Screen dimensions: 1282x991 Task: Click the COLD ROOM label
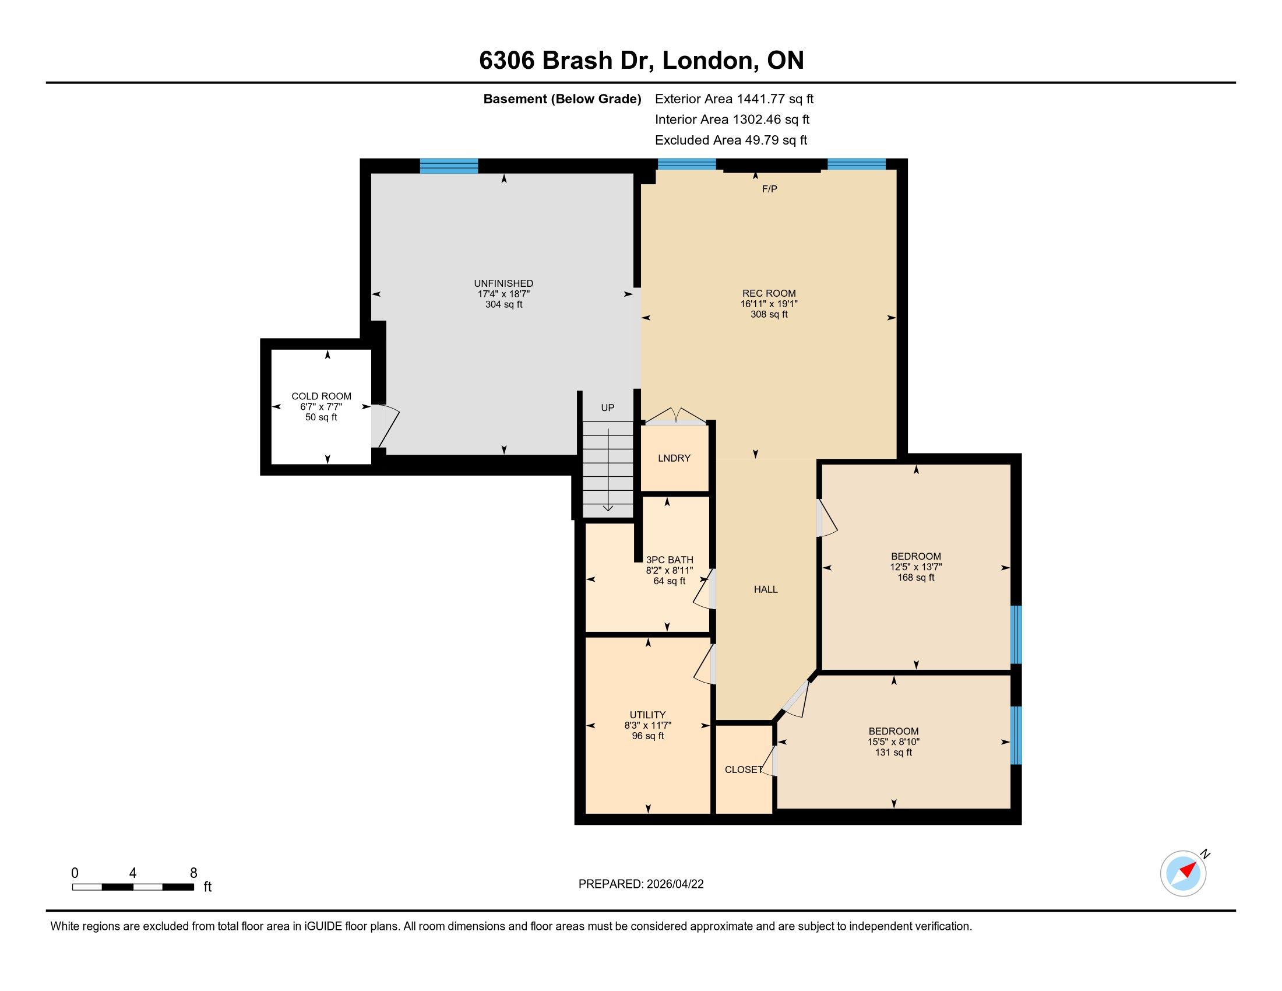coord(321,396)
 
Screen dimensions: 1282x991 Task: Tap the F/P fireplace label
coord(770,189)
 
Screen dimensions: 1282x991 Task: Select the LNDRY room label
coord(674,458)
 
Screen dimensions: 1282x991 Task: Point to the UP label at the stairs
coord(608,407)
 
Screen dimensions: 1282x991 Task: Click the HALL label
coord(766,589)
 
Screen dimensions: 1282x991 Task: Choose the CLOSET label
coord(744,769)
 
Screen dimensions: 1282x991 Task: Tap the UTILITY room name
coord(647,715)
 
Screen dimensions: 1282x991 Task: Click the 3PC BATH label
coord(670,560)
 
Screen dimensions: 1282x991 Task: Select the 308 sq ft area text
coord(769,314)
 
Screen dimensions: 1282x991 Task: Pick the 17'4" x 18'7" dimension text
coord(503,294)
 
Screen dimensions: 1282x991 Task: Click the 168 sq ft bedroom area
coord(915,578)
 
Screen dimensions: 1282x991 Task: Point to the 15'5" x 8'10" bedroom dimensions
coord(893,742)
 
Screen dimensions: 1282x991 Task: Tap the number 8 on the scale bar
coord(193,873)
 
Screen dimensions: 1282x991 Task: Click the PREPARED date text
coord(641,884)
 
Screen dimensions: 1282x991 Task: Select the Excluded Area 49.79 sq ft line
coord(731,140)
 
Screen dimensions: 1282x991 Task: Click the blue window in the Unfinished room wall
coord(449,166)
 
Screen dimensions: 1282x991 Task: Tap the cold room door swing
coord(385,426)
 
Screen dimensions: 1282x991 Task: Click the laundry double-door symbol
coord(676,416)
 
